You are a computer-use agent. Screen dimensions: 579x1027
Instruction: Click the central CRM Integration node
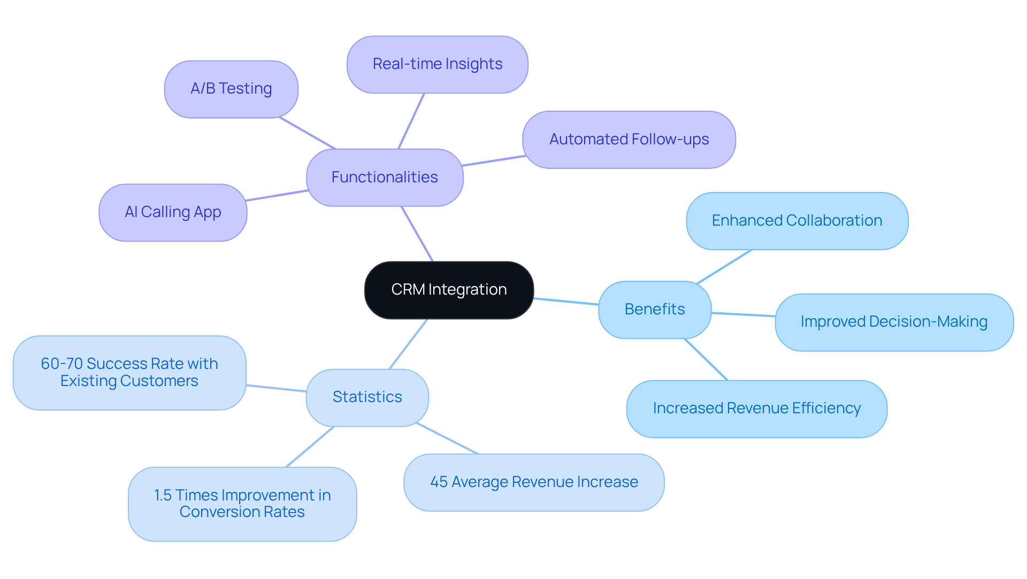tap(449, 290)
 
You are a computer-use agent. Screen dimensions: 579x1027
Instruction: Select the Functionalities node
tap(385, 177)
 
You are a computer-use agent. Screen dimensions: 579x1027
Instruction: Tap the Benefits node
tap(655, 310)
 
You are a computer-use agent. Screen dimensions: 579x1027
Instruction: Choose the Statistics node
tap(367, 397)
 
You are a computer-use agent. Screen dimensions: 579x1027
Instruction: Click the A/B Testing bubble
tap(231, 89)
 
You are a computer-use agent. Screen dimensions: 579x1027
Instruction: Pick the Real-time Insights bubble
tap(437, 64)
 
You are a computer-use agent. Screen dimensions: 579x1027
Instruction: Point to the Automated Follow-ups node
tap(629, 140)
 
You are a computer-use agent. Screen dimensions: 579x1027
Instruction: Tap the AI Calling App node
tap(173, 212)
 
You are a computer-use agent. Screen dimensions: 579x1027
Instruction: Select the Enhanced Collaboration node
tap(797, 221)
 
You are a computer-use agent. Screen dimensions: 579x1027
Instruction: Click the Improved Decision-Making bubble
tap(894, 322)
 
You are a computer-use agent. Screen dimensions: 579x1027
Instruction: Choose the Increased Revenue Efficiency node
tap(756, 408)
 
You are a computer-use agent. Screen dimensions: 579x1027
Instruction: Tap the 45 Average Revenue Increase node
tap(534, 482)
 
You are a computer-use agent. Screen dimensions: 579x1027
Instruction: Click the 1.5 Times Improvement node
tap(242, 504)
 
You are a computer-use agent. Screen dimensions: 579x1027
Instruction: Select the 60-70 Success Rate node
tap(129, 373)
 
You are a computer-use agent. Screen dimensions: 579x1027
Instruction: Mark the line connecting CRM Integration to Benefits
tap(566, 302)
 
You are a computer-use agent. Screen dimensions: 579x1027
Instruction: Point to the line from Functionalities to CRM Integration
tap(417, 234)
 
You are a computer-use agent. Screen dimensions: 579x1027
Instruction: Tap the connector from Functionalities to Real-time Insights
tap(411, 121)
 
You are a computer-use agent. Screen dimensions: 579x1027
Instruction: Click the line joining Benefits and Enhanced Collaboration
tap(724, 266)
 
